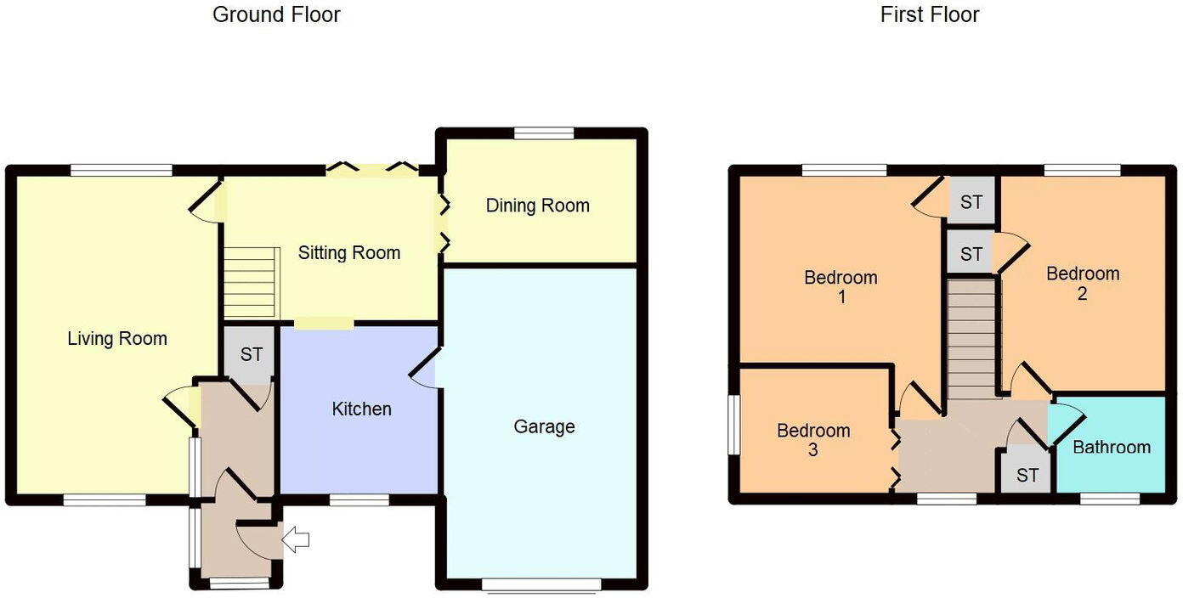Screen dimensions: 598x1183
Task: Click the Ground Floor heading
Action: [x=276, y=14]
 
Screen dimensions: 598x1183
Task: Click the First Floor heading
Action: [x=929, y=14]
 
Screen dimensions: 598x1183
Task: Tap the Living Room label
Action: [x=117, y=339]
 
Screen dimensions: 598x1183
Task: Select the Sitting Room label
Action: [x=348, y=253]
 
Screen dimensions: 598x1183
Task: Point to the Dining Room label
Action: [x=537, y=206]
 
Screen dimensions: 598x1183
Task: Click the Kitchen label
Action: [x=361, y=409]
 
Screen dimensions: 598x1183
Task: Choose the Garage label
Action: [x=544, y=426]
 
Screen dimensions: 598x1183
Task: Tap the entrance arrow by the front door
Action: [x=297, y=539]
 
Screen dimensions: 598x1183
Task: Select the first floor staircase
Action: [x=971, y=340]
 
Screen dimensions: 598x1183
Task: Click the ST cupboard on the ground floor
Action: [x=251, y=354]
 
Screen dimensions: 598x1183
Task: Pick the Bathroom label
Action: [x=1111, y=447]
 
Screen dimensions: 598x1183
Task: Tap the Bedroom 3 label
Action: [x=813, y=440]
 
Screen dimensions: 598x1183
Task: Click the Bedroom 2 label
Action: [x=1082, y=284]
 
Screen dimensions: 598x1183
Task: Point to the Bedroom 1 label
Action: [x=841, y=287]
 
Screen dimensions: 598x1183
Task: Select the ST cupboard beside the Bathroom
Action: [x=1027, y=475]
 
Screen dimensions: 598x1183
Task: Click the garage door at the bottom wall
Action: [x=541, y=584]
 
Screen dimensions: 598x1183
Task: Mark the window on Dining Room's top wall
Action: [x=544, y=133]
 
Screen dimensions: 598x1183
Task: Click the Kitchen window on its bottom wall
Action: [x=359, y=500]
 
